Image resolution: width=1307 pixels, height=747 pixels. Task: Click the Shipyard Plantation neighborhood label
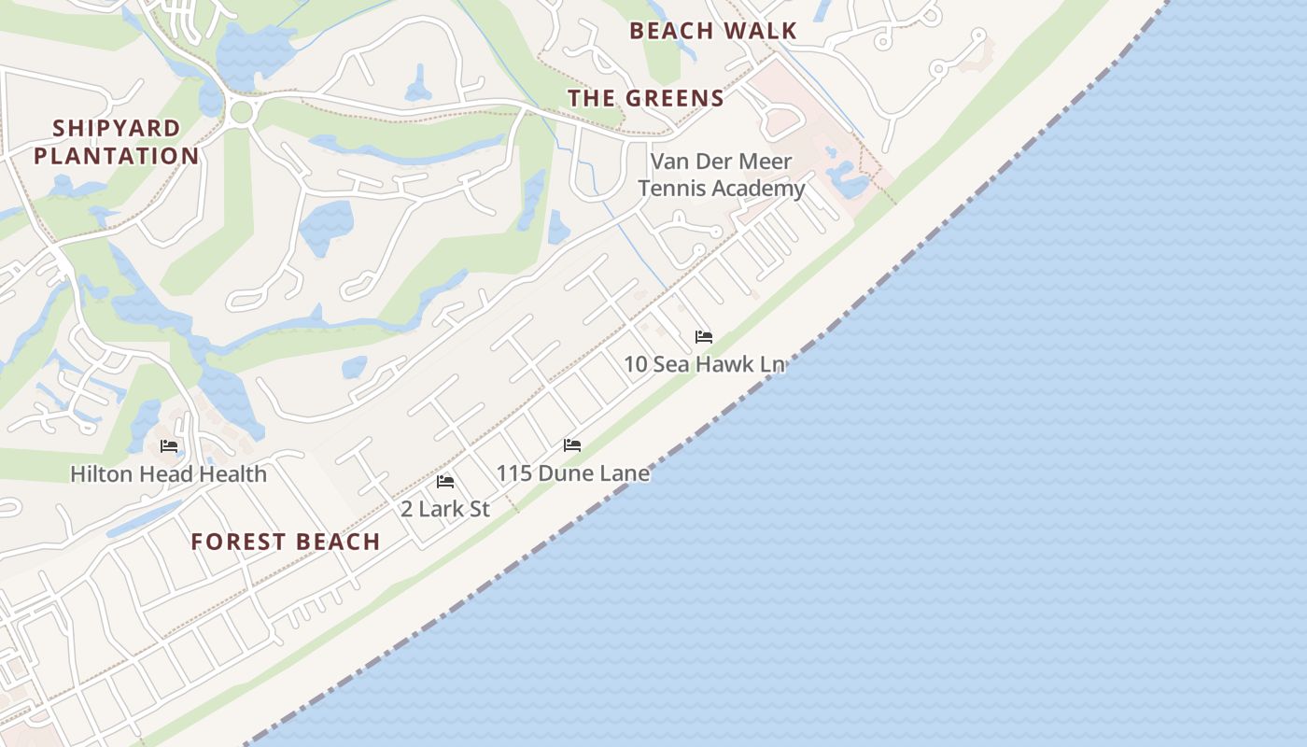117,142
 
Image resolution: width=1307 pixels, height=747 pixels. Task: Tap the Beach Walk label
713,31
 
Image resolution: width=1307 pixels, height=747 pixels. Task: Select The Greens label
646,98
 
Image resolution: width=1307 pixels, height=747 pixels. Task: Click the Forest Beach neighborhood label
286,542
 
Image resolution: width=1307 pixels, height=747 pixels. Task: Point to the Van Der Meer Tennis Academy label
721,175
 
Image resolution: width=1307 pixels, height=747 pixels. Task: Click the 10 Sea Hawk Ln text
704,364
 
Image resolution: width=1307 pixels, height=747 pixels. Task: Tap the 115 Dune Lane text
572,473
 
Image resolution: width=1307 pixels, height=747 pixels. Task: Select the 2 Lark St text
445,509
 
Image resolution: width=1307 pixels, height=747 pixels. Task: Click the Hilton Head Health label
169,474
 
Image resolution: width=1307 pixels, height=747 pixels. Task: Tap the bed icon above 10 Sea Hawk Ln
704,337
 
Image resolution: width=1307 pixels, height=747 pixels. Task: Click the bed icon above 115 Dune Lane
572,445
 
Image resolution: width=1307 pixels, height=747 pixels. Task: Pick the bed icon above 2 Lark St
445,482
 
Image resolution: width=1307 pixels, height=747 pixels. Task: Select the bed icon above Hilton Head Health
169,446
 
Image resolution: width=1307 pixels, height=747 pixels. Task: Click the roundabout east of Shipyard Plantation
241,113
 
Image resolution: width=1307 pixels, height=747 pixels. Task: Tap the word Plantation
117,156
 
